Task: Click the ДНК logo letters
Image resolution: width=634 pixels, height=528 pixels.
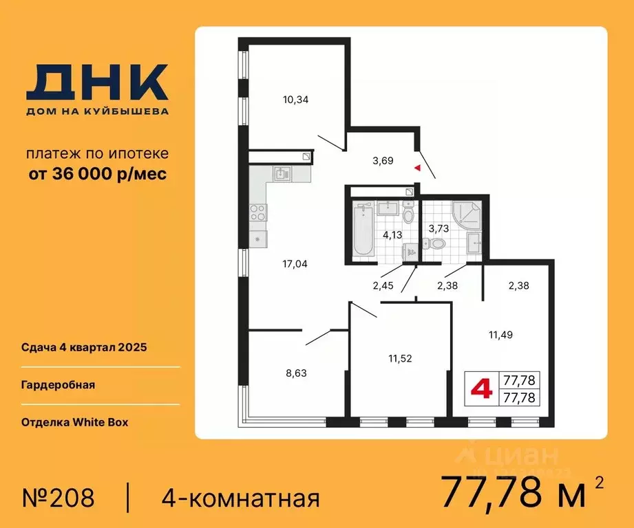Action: (x=97, y=82)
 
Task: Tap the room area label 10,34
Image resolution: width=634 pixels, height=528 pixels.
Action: (x=295, y=100)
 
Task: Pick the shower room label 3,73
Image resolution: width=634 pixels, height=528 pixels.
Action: (x=439, y=228)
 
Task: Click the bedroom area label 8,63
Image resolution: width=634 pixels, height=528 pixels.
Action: (x=295, y=373)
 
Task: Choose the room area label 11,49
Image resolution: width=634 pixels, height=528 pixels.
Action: (x=500, y=335)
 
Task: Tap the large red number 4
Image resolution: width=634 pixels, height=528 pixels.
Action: (x=481, y=389)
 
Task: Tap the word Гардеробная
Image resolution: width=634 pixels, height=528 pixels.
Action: (x=58, y=385)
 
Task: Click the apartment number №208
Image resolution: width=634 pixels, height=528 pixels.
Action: (x=58, y=497)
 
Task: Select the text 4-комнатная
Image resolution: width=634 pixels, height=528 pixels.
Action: (x=240, y=497)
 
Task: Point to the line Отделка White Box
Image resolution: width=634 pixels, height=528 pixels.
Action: (x=74, y=422)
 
